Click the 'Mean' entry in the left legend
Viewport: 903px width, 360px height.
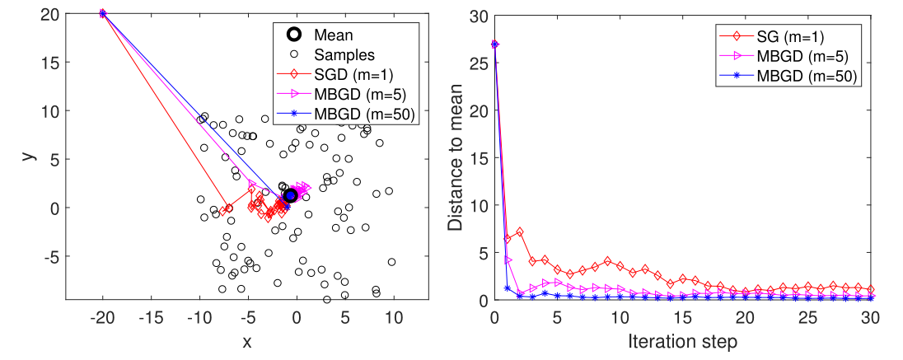(333, 35)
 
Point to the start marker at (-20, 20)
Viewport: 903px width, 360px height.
(102, 13)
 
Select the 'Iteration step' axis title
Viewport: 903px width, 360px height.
(682, 340)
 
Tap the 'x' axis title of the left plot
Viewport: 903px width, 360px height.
(246, 340)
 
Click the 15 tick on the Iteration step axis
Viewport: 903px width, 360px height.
(682, 317)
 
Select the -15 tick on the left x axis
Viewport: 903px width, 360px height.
(150, 317)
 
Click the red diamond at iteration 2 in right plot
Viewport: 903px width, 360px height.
(519, 232)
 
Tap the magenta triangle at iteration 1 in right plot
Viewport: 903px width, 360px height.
(507, 260)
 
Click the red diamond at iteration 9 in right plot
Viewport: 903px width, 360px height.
(607, 261)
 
